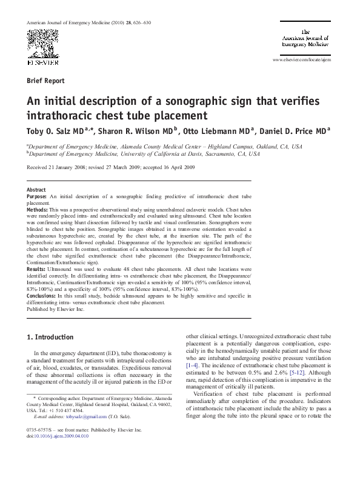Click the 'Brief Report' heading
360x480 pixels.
pyautogui.click(x=45, y=80)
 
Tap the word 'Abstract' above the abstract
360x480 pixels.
pyautogui.click(x=36, y=190)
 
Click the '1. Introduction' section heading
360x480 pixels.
pyautogui.click(x=51, y=337)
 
